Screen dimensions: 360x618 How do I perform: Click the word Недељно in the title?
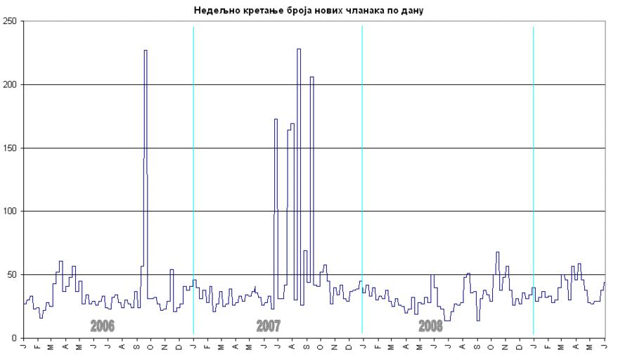tap(212, 11)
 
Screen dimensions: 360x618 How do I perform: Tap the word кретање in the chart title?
tap(257, 11)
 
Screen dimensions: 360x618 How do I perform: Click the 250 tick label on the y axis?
tap(11, 21)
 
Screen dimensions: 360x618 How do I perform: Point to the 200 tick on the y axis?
tap(11, 84)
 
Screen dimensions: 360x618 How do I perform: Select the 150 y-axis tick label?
tap(11, 148)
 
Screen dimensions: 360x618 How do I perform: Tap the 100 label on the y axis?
tap(11, 211)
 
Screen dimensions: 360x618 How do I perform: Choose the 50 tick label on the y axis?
tap(13, 274)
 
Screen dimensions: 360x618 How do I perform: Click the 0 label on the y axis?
tap(15, 337)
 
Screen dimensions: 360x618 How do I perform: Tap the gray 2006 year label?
tap(103, 326)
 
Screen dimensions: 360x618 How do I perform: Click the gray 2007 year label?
tap(269, 326)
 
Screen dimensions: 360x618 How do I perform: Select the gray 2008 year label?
tap(430, 326)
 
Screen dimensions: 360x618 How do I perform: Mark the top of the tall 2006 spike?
tap(146, 51)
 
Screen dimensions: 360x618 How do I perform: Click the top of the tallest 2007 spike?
tap(299, 49)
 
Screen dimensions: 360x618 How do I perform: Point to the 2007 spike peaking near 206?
tap(311, 77)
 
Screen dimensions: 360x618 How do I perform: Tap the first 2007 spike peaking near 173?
tap(276, 120)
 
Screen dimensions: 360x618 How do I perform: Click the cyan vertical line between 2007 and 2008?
tap(362, 176)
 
